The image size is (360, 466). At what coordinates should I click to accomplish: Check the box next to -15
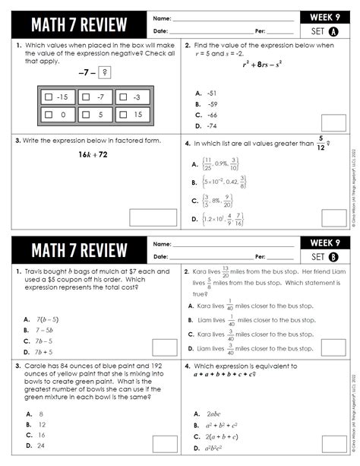click(49, 97)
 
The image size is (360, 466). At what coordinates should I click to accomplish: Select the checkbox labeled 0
click(49, 115)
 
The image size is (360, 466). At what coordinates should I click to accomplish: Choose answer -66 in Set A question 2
click(210, 115)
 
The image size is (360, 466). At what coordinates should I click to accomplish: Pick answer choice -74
click(210, 126)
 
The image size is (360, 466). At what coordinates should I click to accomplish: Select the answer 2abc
click(214, 414)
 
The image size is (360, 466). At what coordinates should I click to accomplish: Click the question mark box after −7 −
click(106, 73)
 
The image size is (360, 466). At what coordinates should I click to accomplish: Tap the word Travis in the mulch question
click(36, 271)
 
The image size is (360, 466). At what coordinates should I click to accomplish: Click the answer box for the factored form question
click(153, 217)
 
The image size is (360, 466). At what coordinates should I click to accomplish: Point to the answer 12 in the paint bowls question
click(42, 424)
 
